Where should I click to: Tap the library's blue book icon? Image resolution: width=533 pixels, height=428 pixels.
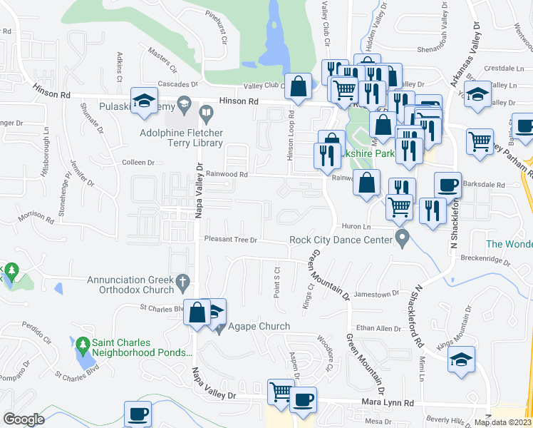(x=207, y=113)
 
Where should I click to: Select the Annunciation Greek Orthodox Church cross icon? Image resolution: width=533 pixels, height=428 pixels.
(x=183, y=280)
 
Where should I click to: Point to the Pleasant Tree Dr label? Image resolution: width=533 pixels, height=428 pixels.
(x=230, y=240)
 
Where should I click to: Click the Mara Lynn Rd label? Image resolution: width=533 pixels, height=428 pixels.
(x=389, y=403)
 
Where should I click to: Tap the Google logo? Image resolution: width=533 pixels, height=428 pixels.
(x=24, y=419)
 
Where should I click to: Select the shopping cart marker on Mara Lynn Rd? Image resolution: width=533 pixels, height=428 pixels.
(x=280, y=392)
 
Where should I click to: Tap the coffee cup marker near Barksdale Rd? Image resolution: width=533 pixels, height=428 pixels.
(x=447, y=185)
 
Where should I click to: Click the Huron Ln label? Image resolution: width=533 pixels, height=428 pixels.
(x=357, y=227)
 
